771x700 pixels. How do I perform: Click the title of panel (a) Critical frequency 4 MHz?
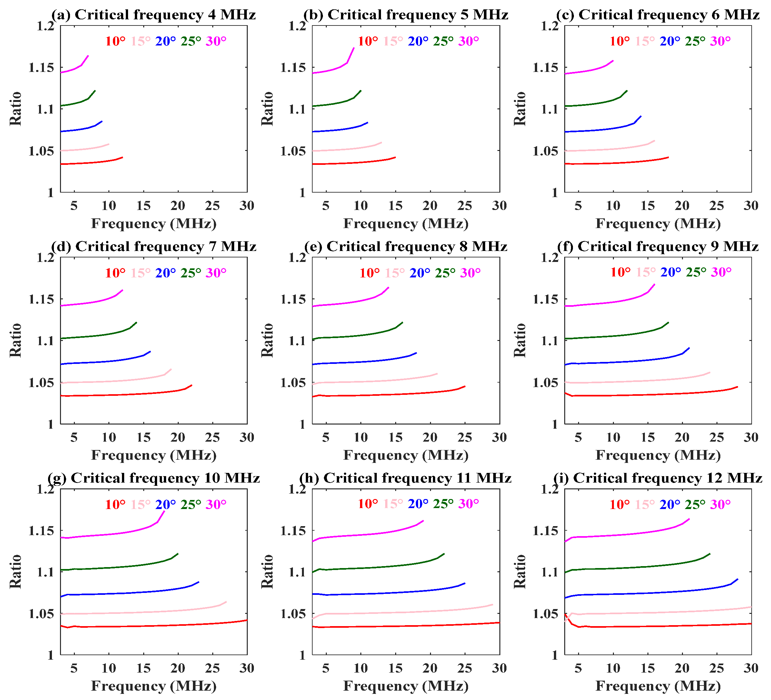coord(154,15)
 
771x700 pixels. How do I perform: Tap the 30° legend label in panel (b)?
coord(468,41)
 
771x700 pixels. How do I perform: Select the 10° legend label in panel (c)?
coord(620,41)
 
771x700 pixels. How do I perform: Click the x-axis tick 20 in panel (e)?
coord(430,437)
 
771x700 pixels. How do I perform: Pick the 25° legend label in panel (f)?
coord(696,272)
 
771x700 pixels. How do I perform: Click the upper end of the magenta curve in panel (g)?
coord(165,511)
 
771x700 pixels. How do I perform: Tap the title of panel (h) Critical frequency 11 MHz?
coord(406,478)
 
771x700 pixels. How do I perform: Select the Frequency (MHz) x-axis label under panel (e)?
coord(406,455)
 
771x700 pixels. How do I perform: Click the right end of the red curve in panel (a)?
coord(122,157)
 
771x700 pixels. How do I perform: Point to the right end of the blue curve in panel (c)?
coord(641,116)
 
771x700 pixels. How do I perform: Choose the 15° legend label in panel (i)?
coord(645,505)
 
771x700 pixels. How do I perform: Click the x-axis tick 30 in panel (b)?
coord(499,206)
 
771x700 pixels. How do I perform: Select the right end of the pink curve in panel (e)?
coord(437,373)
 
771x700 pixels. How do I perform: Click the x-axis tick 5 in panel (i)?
coord(578,668)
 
